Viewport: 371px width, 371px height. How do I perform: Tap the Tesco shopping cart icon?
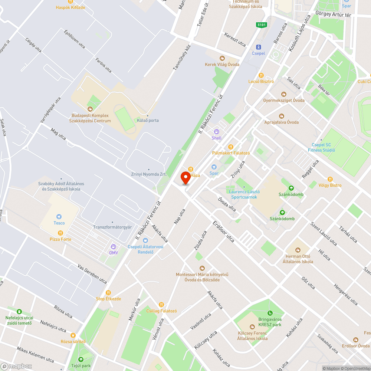[59, 217]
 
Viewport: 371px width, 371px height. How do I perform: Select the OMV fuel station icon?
[114, 247]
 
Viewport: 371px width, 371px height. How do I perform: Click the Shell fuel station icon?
[217, 132]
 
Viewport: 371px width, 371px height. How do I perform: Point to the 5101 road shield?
[262, 25]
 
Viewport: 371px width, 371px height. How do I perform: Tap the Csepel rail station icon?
[259, 47]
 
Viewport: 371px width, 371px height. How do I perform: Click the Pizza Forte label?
[60, 239]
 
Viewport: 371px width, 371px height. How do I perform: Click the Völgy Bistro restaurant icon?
[330, 179]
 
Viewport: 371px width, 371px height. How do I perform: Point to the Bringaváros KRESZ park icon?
[270, 313]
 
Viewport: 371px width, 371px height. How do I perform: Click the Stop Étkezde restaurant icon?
[108, 293]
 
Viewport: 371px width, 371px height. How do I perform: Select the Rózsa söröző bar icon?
[73, 335]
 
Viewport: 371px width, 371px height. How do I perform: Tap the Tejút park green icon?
[81, 359]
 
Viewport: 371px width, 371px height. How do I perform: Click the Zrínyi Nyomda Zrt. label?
[148, 174]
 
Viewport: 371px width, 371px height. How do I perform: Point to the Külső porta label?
[148, 120]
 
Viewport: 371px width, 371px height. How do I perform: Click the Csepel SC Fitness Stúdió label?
[321, 147]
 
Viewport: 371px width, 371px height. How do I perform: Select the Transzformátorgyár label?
[112, 227]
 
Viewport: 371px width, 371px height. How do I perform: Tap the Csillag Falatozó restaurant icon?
[161, 305]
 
